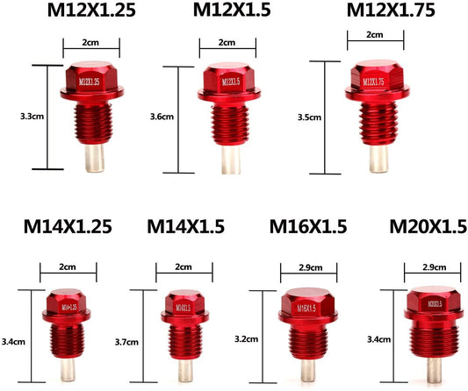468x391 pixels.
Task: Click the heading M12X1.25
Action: click(91, 11)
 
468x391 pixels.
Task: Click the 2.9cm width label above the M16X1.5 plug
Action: click(309, 267)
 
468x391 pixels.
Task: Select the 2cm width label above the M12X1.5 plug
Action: click(227, 42)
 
